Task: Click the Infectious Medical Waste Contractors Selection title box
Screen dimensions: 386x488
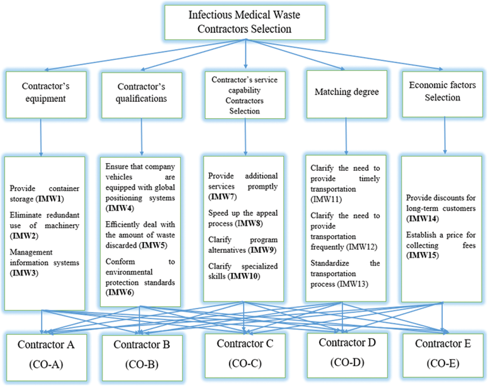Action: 244,22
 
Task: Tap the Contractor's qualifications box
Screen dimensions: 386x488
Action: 142,95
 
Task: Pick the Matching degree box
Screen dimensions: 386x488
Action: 346,94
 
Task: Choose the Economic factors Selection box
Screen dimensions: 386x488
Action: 442,94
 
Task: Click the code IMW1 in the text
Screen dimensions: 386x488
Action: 51,199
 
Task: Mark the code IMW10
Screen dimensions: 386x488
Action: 244,276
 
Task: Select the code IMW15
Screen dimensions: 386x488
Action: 422,255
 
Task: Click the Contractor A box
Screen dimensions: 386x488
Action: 46,357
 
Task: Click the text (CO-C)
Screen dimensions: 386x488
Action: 245,363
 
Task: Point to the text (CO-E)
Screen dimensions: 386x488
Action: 443,363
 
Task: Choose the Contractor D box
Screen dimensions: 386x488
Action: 347,355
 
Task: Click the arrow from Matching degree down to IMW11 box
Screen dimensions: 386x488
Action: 346,136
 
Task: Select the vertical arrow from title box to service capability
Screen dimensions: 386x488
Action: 246,54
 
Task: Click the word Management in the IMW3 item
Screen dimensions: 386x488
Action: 31,252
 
